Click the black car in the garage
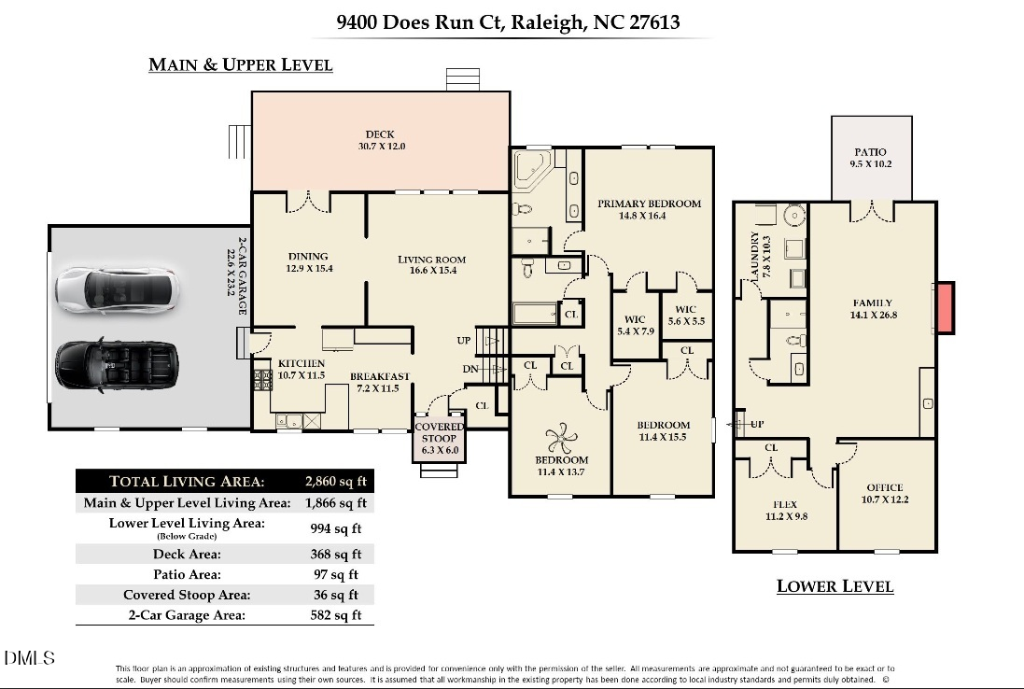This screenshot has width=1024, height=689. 115,363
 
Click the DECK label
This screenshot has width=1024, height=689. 380,134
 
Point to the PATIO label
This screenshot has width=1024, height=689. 870,152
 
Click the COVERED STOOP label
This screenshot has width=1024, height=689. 439,433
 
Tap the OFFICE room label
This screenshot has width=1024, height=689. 885,487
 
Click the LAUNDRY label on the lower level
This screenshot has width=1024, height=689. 754,256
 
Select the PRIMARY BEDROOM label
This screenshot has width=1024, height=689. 649,204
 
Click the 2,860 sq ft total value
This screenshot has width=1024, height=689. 337,482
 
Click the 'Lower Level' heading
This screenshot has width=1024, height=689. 835,586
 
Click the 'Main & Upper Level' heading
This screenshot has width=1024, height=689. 240,64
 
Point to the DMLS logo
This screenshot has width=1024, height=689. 30,658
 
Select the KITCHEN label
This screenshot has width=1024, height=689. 302,363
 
